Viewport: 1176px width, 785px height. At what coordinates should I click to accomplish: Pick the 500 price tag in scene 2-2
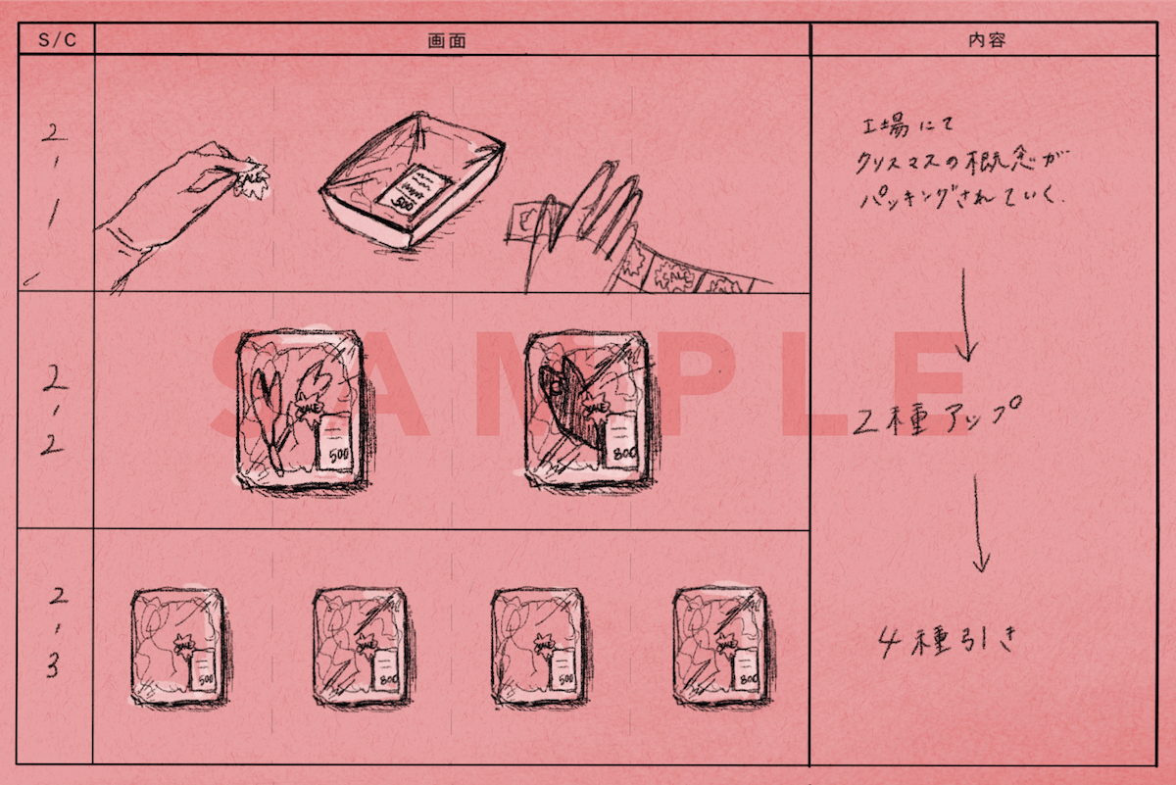click(x=337, y=447)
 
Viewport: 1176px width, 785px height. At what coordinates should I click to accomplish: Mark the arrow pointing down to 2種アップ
click(x=966, y=314)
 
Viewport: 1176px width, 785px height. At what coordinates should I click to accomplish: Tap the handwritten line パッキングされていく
click(x=960, y=196)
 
